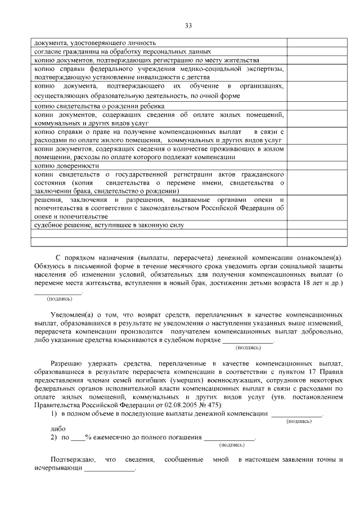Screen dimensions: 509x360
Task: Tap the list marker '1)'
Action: click(54, 414)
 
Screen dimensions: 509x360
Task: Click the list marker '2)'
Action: click(54, 437)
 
